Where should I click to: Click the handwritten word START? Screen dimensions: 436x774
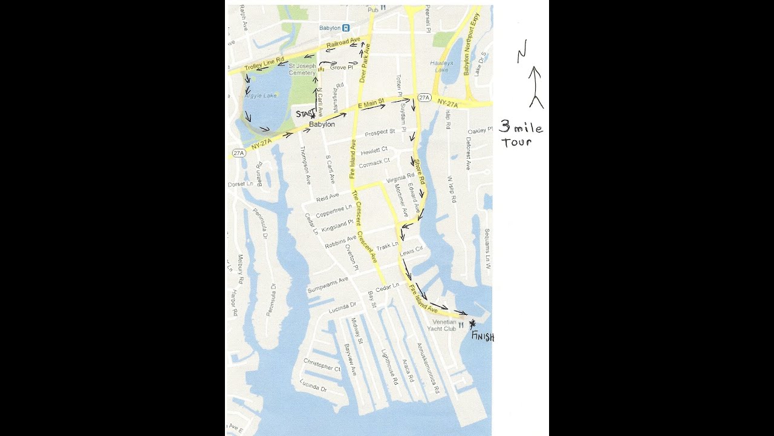pos(304,113)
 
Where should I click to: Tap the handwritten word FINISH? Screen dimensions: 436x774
pos(482,336)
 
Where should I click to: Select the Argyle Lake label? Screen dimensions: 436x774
pos(261,96)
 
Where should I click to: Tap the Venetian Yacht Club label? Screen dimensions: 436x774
pos(444,325)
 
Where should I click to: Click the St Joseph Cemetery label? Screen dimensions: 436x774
pos(302,69)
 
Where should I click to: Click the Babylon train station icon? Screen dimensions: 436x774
pos(345,28)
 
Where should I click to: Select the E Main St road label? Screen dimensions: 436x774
pos(371,105)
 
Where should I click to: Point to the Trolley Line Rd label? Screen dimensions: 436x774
pos(264,62)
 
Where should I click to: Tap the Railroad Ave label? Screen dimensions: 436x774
pos(343,43)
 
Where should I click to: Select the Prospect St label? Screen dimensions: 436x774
pos(380,131)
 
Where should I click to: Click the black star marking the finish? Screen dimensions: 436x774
pos(472,324)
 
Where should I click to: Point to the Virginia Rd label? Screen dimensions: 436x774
pos(400,178)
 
